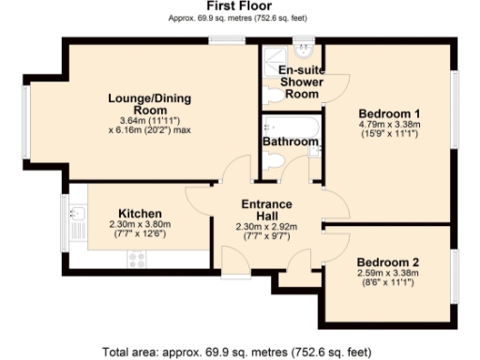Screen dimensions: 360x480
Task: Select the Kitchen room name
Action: click(140, 214)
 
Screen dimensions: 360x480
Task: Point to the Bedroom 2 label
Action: click(387, 262)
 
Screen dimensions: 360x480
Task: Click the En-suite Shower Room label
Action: click(301, 82)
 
